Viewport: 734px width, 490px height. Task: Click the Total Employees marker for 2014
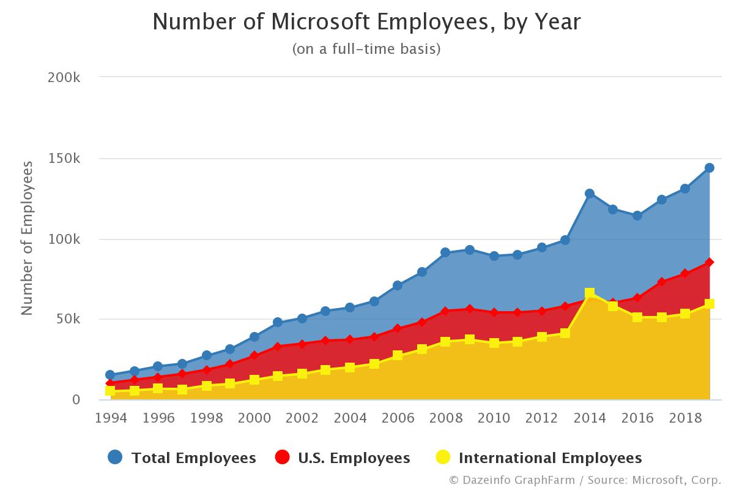590,194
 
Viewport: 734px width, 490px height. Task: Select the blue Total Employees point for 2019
710,168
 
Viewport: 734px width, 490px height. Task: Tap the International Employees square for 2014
590,293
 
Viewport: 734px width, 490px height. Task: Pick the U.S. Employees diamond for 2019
710,262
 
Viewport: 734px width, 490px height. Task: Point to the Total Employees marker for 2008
445,252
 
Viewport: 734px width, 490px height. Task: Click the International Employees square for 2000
254,380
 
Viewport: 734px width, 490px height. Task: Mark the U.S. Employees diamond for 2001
278,347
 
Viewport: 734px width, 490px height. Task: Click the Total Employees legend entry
182,458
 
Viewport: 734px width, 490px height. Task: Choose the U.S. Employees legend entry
343,458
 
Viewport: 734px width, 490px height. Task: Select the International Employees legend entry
538,458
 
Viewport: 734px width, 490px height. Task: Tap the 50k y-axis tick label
68,319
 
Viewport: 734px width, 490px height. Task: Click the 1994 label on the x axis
110,418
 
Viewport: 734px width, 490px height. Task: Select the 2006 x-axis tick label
398,418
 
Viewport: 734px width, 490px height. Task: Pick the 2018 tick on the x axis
685,418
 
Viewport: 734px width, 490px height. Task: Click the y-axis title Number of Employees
27,238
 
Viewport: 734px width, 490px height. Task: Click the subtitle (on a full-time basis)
366,49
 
